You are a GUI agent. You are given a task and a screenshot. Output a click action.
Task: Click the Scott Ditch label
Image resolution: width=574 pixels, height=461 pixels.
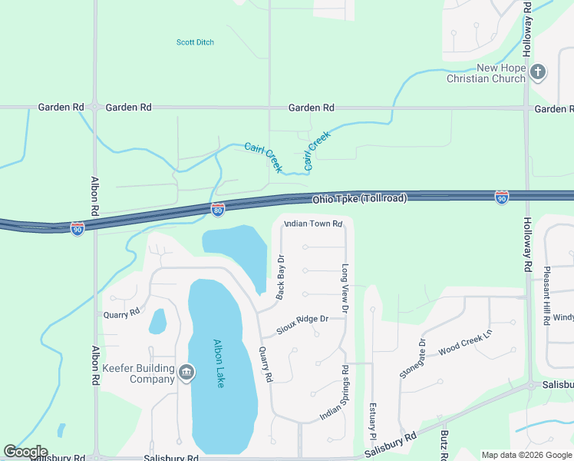pyautogui.click(x=195, y=42)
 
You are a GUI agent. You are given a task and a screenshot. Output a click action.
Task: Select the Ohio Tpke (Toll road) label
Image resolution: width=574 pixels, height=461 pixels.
pyautogui.click(x=359, y=199)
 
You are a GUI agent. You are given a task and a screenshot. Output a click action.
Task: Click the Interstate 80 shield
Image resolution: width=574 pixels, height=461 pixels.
pyautogui.click(x=218, y=209)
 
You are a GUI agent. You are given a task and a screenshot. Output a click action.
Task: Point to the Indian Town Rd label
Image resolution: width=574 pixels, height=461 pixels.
pyautogui.click(x=312, y=224)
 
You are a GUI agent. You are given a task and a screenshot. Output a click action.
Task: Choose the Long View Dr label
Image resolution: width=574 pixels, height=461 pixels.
pyautogui.click(x=345, y=290)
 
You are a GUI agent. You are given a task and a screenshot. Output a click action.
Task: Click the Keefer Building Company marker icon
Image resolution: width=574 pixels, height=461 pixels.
pyautogui.click(x=186, y=373)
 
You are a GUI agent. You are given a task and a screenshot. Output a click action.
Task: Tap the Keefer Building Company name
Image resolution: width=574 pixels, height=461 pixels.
pyautogui.click(x=142, y=373)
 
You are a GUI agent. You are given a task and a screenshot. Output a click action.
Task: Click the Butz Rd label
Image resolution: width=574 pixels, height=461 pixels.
pyautogui.click(x=444, y=444)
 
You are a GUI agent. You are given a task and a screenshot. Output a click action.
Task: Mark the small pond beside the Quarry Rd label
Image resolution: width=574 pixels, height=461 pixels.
pyautogui.click(x=157, y=321)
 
